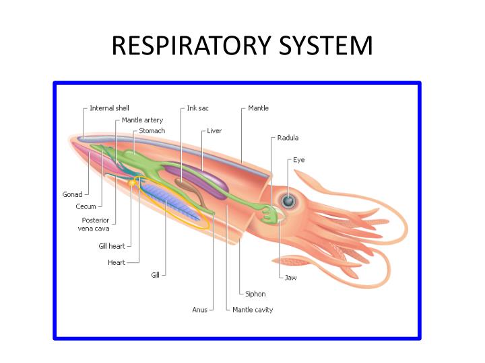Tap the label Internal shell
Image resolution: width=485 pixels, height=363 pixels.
click(x=109, y=108)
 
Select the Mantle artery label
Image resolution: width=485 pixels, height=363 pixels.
click(x=142, y=120)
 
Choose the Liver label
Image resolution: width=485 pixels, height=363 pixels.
click(x=214, y=130)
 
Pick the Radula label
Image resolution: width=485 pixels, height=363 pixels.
click(x=288, y=138)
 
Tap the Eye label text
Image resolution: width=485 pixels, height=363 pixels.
click(x=298, y=160)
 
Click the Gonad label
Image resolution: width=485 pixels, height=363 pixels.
click(x=72, y=194)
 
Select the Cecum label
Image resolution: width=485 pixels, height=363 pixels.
click(x=86, y=206)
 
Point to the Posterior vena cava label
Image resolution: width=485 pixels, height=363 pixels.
click(x=95, y=224)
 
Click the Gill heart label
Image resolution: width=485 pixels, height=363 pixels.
click(x=112, y=245)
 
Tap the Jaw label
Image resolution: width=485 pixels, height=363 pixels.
click(x=290, y=277)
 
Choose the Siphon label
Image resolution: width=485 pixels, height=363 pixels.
click(x=255, y=294)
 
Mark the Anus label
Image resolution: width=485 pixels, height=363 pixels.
click(x=199, y=310)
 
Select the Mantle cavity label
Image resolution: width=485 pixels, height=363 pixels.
click(x=253, y=310)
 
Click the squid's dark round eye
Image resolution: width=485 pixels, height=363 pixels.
click(x=288, y=200)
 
